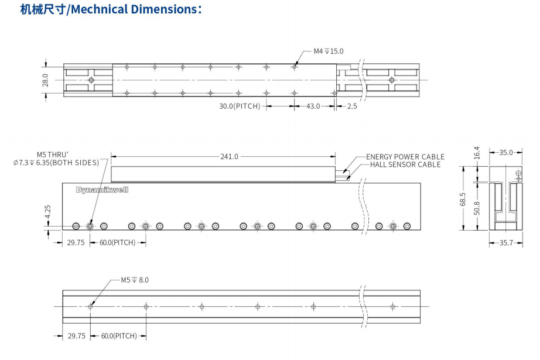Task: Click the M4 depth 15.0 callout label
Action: pos(328,52)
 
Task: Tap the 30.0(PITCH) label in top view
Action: pos(239,107)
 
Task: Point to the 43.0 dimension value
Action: pos(313,107)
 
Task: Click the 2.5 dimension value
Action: pos(351,107)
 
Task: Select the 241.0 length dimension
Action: pos(229,156)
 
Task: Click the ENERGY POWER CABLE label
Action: pos(405,157)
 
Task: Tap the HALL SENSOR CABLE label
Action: pos(405,164)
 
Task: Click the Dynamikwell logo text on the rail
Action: pos(102,190)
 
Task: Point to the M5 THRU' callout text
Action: pos(52,155)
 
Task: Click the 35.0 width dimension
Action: pos(506,153)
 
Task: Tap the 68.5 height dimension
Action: pos(463,199)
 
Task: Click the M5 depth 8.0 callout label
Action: pos(135,280)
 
